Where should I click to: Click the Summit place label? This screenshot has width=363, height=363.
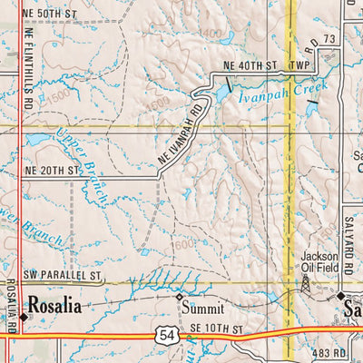tap(202, 309)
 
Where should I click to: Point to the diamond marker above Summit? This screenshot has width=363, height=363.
tap(179, 297)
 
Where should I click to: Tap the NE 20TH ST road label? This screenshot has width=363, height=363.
tap(53, 170)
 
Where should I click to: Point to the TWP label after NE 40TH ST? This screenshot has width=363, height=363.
tap(299, 66)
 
